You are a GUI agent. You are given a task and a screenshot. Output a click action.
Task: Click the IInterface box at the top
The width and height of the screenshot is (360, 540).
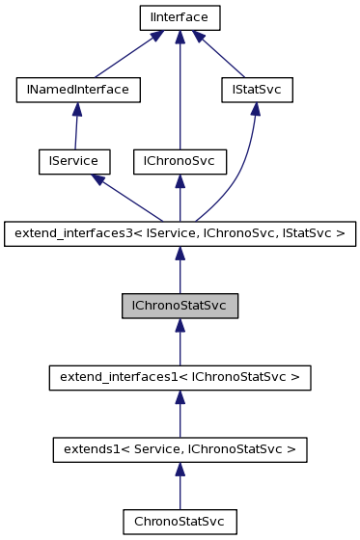[x=180, y=17]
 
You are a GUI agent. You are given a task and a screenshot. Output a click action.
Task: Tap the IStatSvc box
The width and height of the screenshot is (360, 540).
[x=253, y=90]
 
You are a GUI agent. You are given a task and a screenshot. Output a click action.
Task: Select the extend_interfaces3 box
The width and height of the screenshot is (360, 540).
[x=180, y=232]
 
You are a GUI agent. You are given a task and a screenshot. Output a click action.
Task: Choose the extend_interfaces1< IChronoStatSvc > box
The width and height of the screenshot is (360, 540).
[x=180, y=377]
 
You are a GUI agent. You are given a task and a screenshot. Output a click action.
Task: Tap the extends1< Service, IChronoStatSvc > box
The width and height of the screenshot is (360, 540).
[x=180, y=448]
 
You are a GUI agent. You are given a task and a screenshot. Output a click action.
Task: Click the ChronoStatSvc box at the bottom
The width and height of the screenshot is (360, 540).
[x=180, y=521]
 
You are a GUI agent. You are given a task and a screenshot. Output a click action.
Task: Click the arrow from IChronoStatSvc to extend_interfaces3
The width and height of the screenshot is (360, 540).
[x=180, y=269]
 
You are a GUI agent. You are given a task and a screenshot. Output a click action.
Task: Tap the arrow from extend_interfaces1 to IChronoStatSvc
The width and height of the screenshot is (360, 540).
[x=180, y=341]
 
